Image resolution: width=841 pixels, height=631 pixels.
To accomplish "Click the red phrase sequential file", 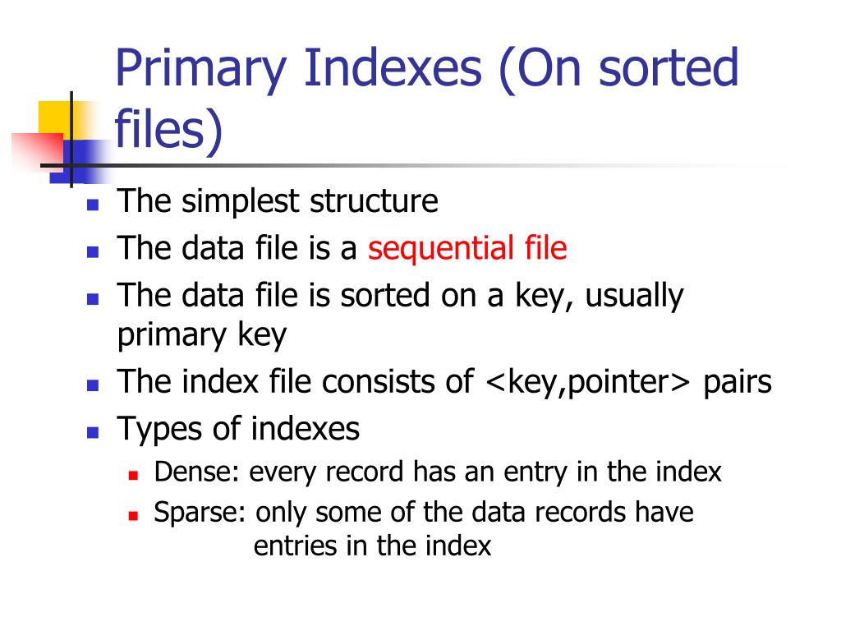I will click(x=467, y=247).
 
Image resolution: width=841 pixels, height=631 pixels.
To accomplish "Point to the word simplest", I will click(x=241, y=201).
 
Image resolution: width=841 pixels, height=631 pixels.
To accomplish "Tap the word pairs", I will click(x=738, y=382).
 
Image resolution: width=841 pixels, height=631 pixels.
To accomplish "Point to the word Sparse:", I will click(x=200, y=513).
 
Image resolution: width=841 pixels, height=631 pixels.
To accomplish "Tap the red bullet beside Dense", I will click(x=133, y=475).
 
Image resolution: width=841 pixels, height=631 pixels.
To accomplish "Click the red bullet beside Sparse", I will click(x=133, y=515).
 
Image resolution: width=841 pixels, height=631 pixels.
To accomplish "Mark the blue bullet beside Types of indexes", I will click(x=93, y=431).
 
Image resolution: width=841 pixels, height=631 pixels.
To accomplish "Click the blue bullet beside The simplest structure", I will click(x=93, y=204).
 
